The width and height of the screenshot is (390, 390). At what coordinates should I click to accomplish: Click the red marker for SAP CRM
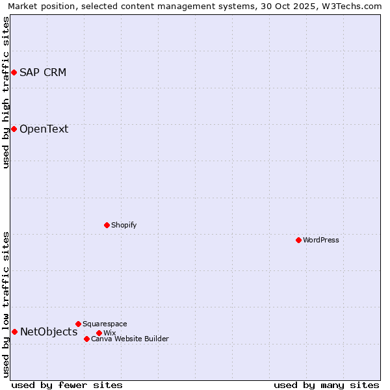pyautogui.click(x=14, y=72)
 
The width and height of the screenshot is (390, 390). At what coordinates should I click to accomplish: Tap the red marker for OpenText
pyautogui.click(x=14, y=129)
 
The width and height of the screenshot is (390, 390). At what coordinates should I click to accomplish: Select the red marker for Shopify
pyautogui.click(x=107, y=225)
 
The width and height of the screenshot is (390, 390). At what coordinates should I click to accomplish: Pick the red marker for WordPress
pyautogui.click(x=298, y=240)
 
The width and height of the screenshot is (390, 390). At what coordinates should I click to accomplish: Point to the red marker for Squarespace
pyautogui.click(x=78, y=324)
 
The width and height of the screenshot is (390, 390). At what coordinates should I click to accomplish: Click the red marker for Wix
pyautogui.click(x=99, y=333)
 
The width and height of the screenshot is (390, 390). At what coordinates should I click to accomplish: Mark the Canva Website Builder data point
pyautogui.click(x=86, y=339)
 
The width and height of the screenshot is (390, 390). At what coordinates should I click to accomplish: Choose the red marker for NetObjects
pyautogui.click(x=14, y=332)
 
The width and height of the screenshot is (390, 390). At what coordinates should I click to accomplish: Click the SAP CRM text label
pyautogui.click(x=43, y=72)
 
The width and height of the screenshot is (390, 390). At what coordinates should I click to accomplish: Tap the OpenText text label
pyautogui.click(x=44, y=129)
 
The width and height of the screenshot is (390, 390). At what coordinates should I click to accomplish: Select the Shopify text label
pyautogui.click(x=123, y=225)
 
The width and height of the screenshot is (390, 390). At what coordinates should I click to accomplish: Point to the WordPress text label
pyautogui.click(x=321, y=240)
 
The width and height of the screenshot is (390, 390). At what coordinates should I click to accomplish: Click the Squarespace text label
pyautogui.click(x=105, y=324)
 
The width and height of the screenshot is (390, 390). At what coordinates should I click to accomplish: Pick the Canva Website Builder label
pyautogui.click(x=129, y=339)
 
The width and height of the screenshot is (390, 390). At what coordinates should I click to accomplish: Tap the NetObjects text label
pyautogui.click(x=49, y=332)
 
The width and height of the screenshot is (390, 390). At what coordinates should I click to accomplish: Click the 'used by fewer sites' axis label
pyautogui.click(x=67, y=385)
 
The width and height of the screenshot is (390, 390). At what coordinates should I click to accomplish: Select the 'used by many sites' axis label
pyautogui.click(x=326, y=385)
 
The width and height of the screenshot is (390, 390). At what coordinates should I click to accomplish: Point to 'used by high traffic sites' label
pyautogui.click(x=6, y=92)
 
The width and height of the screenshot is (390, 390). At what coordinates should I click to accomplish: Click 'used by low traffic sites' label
pyautogui.click(x=6, y=304)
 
